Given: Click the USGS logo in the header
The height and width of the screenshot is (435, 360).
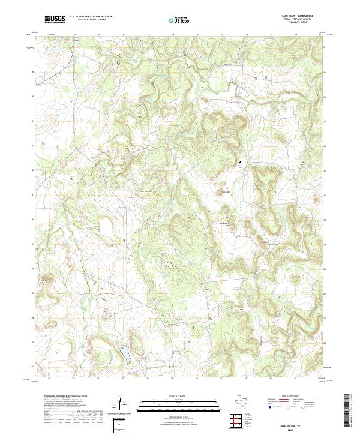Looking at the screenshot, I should point(55,19).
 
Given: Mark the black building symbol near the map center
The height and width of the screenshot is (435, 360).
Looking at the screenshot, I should point(240,162).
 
